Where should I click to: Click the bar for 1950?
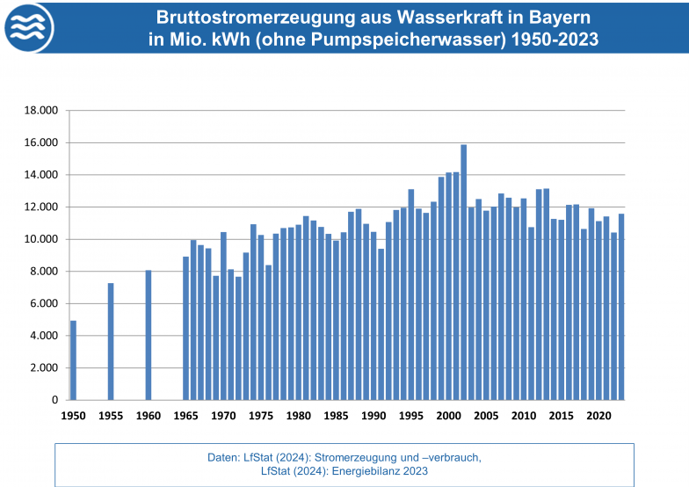[73, 360]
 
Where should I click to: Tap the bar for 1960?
[149, 335]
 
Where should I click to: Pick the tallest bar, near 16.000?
[463, 273]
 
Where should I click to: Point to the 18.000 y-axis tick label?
[39, 111]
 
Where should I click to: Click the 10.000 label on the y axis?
[39, 239]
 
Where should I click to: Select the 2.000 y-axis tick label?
[42, 367]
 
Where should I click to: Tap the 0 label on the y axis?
[54, 400]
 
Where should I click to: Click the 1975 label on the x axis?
[261, 415]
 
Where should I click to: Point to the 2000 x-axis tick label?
[448, 415]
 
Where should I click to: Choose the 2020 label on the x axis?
[598, 415]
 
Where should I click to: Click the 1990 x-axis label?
[374, 415]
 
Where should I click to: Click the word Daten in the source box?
[222, 457]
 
